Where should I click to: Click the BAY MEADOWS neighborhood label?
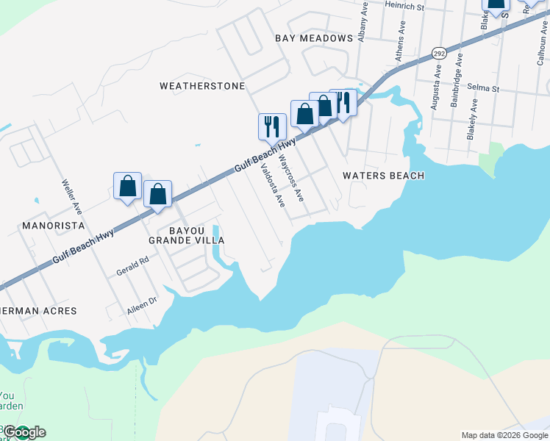click(x=314, y=37)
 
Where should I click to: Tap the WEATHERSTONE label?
click(x=202, y=86)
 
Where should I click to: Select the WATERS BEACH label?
click(x=384, y=176)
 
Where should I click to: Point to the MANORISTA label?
click(x=54, y=225)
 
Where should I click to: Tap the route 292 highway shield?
click(x=439, y=54)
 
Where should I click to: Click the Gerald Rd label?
click(x=132, y=266)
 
